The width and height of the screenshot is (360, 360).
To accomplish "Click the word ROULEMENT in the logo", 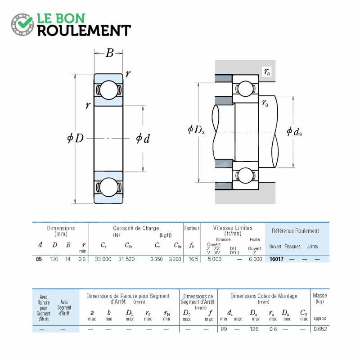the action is point(84,31).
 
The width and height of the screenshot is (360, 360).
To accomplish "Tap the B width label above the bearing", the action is point(109,53).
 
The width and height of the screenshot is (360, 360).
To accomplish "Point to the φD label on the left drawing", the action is point(75,138).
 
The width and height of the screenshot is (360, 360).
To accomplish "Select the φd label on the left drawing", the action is point(143,139).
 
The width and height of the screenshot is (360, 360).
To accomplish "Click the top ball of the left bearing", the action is point(108,90).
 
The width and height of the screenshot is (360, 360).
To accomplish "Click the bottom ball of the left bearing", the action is point(108,187).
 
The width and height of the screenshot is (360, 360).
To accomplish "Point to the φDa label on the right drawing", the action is point(196,130).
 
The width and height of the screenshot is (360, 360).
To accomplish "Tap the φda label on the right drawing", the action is point(294,131).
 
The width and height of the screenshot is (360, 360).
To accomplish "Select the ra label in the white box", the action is point(267,72).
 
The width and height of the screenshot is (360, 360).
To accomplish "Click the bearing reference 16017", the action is point(276,259).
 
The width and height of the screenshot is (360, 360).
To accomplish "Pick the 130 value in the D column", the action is point(54,259).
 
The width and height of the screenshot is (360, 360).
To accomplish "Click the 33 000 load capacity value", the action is point(103,259).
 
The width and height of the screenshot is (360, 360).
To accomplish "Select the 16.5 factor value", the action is point(193,259).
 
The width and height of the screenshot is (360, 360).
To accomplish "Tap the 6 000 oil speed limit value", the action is point(255,259).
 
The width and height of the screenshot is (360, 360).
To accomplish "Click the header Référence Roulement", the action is point(296,231).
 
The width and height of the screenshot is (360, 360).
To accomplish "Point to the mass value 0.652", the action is point(320,329).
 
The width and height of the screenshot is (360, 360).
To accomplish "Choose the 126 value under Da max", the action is point(254,329).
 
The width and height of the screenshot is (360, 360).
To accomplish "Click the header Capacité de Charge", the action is point(136,228).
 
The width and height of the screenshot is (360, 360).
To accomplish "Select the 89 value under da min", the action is point(224,329).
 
